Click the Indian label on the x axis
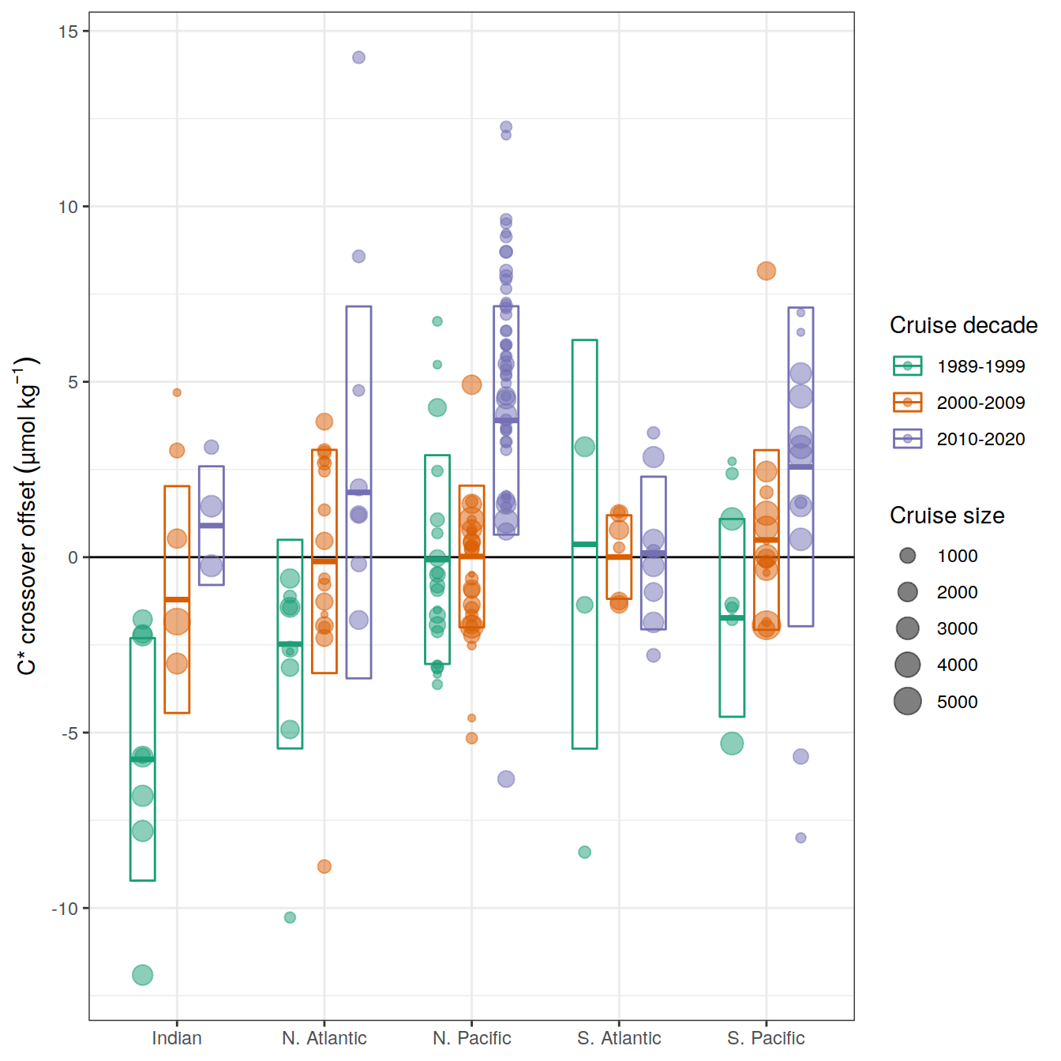coord(177,1038)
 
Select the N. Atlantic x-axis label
coord(324,1038)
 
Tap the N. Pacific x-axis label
coord(471,1038)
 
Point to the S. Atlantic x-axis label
coord(619,1038)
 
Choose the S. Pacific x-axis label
coord(766,1038)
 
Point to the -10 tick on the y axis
coord(65,909)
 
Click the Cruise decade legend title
coord(963,325)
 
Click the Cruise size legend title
coord(947,516)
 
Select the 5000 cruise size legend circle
coord(908,701)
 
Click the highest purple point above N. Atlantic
coord(358,58)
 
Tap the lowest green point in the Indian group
coord(142,975)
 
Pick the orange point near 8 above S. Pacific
coord(766,271)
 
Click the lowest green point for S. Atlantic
coord(584,852)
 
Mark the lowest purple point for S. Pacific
coord(800,838)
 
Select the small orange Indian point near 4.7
coord(177,392)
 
